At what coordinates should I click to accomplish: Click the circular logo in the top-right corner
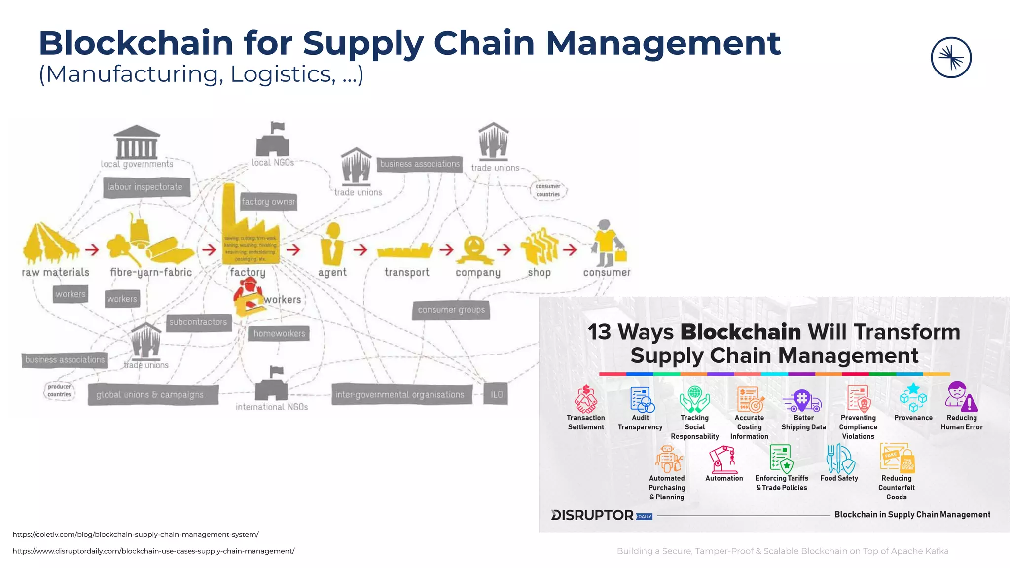coord(951,58)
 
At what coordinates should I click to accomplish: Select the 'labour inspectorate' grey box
coord(145,187)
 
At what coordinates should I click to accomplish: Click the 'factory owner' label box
coord(268,202)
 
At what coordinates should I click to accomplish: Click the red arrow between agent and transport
coord(361,249)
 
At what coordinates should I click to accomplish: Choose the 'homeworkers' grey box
coord(279,334)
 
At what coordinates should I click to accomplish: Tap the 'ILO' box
coord(496,394)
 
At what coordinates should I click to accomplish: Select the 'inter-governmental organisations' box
coord(400,394)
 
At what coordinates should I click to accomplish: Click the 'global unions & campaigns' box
coord(150,395)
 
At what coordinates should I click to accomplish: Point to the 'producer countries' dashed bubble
coord(60,390)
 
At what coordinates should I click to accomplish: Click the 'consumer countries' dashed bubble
coord(548,190)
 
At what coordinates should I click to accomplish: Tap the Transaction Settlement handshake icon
coord(586,399)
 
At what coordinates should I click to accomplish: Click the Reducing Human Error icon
coord(961,397)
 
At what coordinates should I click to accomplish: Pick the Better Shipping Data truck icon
coord(802,400)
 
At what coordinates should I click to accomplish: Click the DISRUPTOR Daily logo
coord(601,515)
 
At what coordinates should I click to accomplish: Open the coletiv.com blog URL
coord(136,534)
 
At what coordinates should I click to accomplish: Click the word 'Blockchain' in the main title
coord(136,43)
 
